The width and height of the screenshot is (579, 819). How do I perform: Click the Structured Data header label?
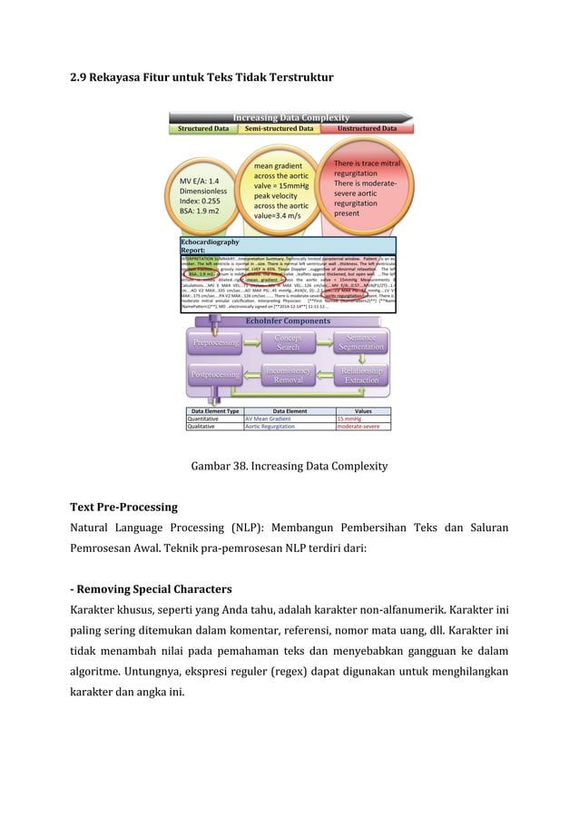[x=202, y=129]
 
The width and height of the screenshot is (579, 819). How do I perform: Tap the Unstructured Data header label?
[x=367, y=129]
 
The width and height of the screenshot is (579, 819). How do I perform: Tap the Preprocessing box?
[x=214, y=342]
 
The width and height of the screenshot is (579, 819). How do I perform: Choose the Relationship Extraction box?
[x=361, y=374]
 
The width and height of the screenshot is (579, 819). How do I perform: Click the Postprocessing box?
[x=214, y=374]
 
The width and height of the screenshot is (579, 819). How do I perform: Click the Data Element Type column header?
[x=214, y=410]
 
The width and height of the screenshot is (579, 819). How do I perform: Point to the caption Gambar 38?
[x=289, y=466]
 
